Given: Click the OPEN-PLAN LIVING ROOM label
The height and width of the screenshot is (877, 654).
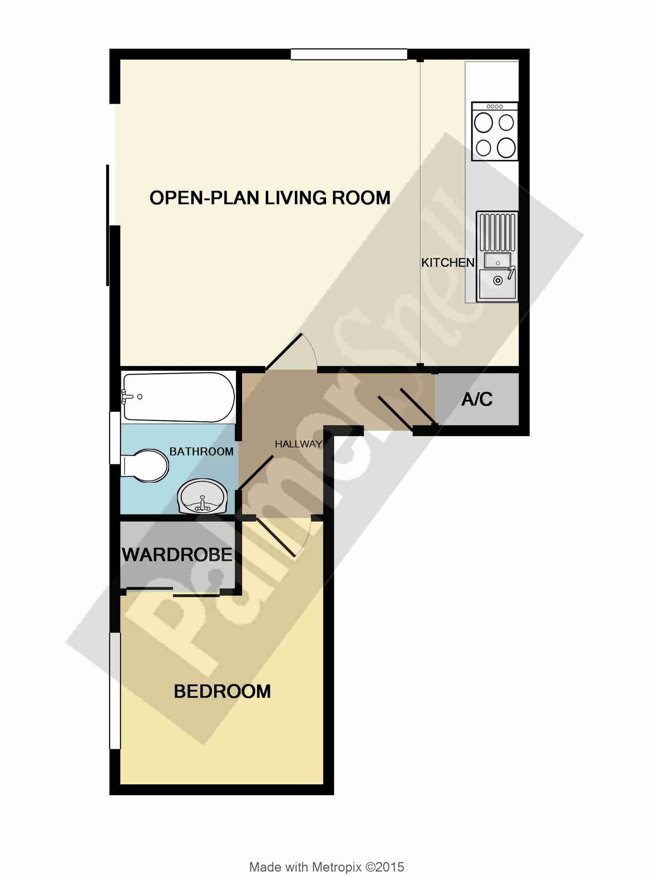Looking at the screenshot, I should tap(269, 198).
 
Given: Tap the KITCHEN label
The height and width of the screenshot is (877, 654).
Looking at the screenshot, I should tap(447, 263).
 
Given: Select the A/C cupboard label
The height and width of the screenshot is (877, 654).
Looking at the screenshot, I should tap(477, 400).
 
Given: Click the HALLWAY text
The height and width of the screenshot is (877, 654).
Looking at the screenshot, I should tap(298, 444).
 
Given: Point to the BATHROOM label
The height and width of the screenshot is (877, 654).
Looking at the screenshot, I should tap(201, 452).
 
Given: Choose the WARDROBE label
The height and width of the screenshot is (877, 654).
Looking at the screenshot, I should tap(177, 555).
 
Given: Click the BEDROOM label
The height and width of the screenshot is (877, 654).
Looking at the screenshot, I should tap(222, 691).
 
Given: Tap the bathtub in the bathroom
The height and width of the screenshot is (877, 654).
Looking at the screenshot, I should tap(178, 397).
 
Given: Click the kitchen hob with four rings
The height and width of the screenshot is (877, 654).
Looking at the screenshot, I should tap(494, 132).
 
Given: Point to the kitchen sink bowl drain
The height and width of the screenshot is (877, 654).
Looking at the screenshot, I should tap(498, 281).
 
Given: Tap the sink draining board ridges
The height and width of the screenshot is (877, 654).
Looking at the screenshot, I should tap(497, 232).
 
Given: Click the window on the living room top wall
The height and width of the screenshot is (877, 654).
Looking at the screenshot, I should tap(349, 55).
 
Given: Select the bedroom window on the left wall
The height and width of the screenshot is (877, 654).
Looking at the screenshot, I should tap(115, 690).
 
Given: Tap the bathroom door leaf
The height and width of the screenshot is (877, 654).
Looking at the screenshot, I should tap(255, 473).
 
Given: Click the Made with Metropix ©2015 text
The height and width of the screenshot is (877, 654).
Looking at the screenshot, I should tap(327, 867).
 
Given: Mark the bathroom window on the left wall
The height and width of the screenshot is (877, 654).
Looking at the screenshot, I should tap(115, 438).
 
